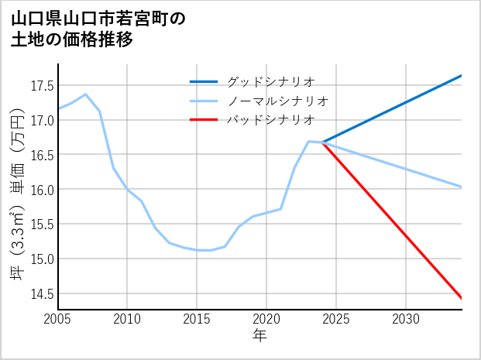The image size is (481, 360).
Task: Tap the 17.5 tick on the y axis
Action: click(43, 86)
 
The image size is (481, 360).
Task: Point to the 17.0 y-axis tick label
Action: click(43, 121)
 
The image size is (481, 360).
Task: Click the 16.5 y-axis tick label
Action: click(43, 155)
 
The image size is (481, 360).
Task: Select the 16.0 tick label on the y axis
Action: click(43, 190)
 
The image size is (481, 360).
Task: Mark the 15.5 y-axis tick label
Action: click(43, 225)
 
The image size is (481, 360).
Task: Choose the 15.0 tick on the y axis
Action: click(43, 259)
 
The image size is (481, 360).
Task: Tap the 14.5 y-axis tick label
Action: click(43, 293)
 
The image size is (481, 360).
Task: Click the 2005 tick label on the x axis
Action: click(58, 319)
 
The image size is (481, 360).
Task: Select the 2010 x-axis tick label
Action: click(127, 319)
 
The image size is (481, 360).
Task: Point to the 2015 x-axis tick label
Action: click(197, 319)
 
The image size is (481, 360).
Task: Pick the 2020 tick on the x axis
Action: click(266, 319)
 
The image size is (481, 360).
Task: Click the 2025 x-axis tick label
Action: click(336, 319)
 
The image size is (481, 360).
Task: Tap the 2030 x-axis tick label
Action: click(406, 319)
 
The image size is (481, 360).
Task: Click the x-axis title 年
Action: click(259, 336)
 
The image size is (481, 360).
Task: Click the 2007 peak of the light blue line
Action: click(85, 94)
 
